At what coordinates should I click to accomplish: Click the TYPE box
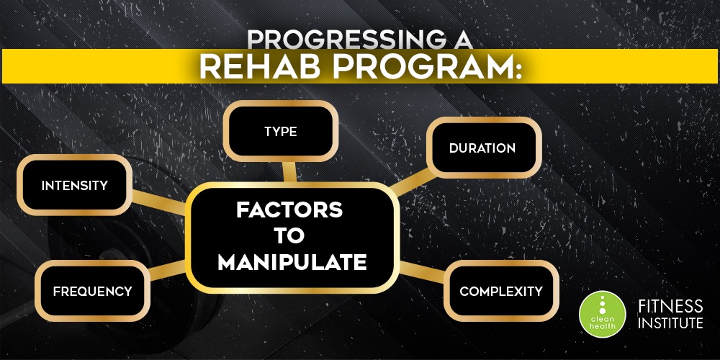(x=281, y=131)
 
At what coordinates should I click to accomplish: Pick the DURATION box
(x=484, y=148)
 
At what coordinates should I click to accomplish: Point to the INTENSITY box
(x=74, y=185)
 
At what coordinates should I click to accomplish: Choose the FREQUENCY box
(x=92, y=291)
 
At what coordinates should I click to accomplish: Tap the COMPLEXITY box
(x=501, y=291)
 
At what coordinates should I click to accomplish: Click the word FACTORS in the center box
(x=289, y=210)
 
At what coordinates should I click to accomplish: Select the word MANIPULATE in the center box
(x=292, y=263)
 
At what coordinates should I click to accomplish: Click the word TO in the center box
(x=289, y=236)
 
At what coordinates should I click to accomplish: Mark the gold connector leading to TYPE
(x=289, y=171)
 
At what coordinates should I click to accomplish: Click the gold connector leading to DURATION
(x=411, y=182)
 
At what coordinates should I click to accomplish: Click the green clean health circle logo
(x=602, y=315)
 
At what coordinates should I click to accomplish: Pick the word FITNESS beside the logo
(x=670, y=306)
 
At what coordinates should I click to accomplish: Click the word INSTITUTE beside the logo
(x=670, y=323)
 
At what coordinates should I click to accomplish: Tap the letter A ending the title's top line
(x=460, y=40)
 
